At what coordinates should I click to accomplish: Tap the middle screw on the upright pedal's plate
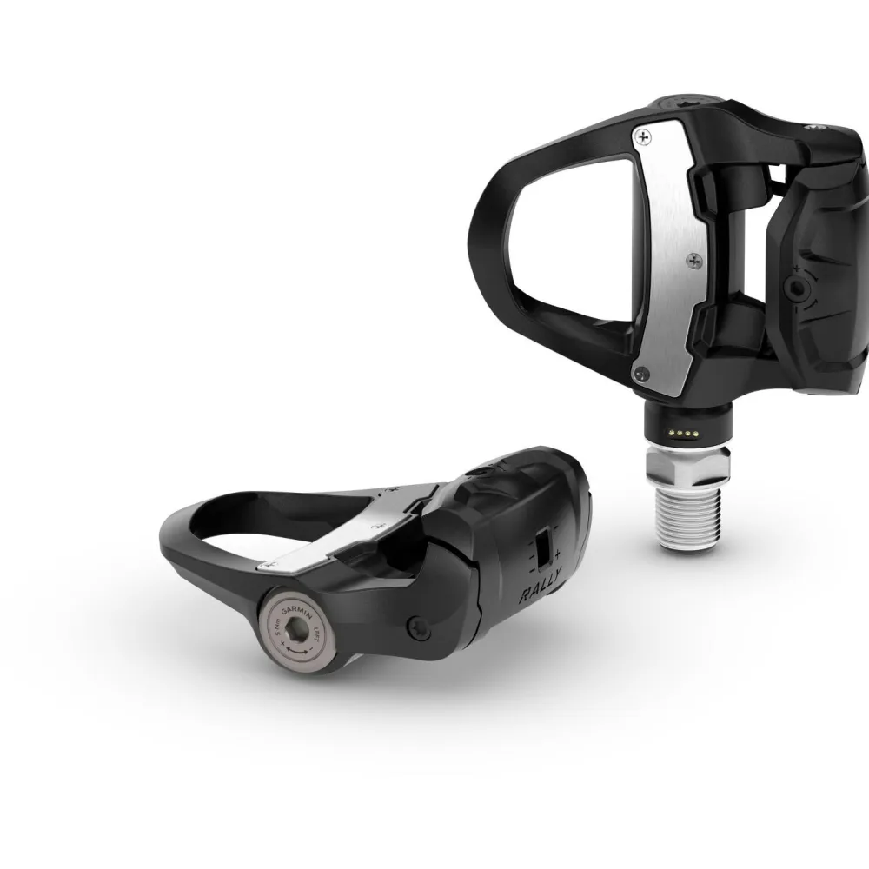pos(692,258)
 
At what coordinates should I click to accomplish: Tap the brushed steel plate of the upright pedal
pos(667,252)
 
